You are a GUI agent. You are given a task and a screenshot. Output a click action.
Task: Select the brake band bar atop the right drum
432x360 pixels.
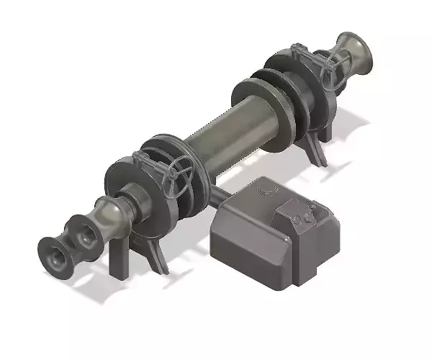point(302,58)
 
